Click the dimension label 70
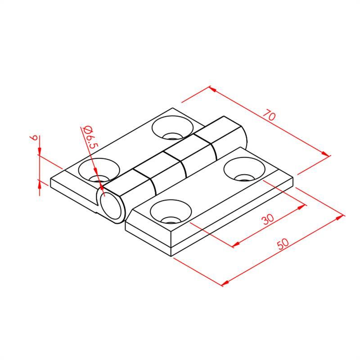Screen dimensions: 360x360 (x=269, y=115)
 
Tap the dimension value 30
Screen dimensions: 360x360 (x=268, y=219)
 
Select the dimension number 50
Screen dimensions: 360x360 (x=283, y=244)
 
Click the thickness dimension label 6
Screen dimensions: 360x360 (x=34, y=138)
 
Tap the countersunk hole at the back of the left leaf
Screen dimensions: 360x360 (x=173, y=128)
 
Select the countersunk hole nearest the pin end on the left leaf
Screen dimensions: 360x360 (x=99, y=170)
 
